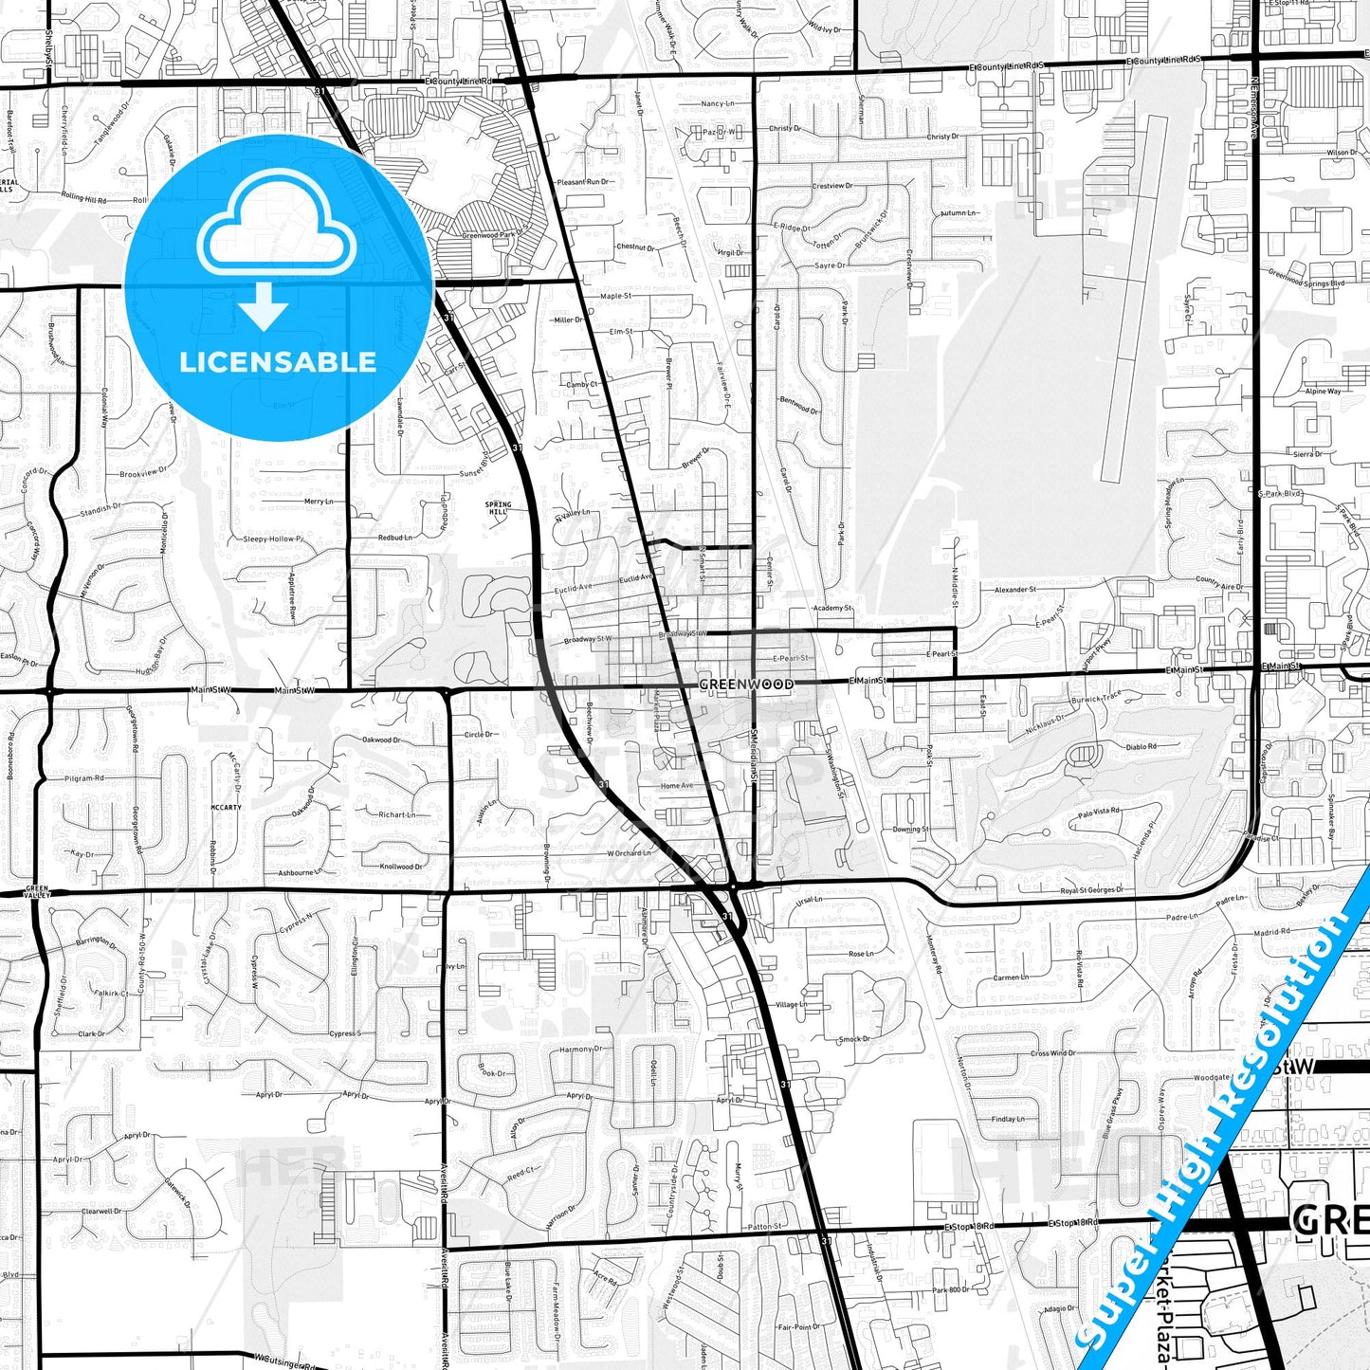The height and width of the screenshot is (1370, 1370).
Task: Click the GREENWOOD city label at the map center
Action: click(x=745, y=684)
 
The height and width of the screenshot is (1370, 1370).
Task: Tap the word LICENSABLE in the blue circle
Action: click(x=278, y=362)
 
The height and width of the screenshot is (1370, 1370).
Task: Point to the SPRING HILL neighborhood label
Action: click(x=498, y=508)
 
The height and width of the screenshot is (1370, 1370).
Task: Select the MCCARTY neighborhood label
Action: click(x=226, y=808)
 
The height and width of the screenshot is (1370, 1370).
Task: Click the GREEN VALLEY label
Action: click(x=36, y=891)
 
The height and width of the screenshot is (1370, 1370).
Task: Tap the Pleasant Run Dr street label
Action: click(x=583, y=182)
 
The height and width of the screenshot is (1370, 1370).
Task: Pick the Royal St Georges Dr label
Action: click(x=1091, y=890)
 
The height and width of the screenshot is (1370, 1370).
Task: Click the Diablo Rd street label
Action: click(x=1141, y=747)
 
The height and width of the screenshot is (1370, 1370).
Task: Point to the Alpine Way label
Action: click(x=1323, y=392)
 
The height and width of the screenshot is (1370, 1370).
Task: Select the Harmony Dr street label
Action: click(x=579, y=1050)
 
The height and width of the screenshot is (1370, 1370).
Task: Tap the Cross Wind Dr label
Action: click(x=1053, y=1052)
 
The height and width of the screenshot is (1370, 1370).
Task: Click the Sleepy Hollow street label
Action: click(x=273, y=539)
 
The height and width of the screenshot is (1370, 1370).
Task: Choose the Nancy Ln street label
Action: click(x=717, y=103)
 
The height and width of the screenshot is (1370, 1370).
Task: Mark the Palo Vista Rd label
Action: click(x=1099, y=812)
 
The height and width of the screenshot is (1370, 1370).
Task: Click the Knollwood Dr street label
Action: click(x=402, y=867)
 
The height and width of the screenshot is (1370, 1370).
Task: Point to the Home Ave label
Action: click(x=677, y=786)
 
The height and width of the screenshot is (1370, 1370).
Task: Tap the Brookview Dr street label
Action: click(x=143, y=473)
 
